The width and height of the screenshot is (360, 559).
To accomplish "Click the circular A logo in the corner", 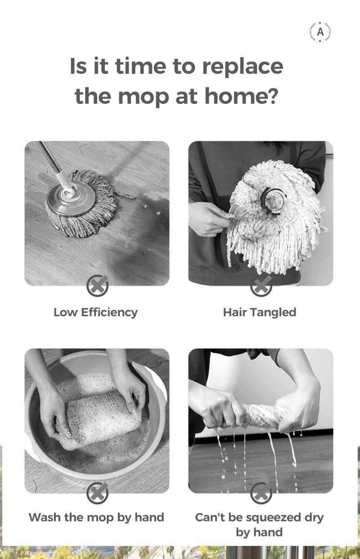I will (x=320, y=32).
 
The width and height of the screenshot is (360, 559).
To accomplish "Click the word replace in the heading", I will (x=243, y=66).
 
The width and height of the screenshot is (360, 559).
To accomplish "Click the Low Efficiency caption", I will (x=96, y=312).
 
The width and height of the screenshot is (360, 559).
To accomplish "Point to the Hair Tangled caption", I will (x=260, y=312).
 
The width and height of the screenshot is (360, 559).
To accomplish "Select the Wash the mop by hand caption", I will (x=96, y=517).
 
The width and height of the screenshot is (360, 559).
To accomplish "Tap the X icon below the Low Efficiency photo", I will (x=98, y=286).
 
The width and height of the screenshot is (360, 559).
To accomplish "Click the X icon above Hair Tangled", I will (x=261, y=286).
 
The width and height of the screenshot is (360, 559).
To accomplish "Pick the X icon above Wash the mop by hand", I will (x=98, y=493).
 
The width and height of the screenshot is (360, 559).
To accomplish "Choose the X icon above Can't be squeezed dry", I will (x=261, y=493).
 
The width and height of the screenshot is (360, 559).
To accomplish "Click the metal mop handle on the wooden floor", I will (x=51, y=162).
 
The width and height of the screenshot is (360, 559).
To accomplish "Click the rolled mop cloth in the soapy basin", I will (x=99, y=416).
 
